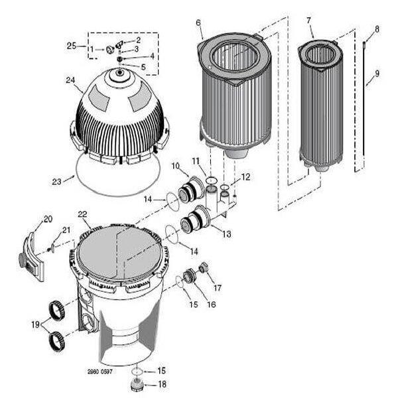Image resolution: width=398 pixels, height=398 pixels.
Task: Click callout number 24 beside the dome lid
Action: point(70,80)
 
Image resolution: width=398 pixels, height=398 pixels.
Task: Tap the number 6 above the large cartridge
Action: point(198,23)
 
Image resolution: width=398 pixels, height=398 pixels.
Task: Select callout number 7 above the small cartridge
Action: point(308,21)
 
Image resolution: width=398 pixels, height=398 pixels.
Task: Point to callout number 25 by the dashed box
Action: point(72,46)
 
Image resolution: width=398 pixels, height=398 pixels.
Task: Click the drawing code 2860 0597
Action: point(99,372)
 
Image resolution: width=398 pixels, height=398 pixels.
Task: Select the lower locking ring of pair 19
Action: point(56,341)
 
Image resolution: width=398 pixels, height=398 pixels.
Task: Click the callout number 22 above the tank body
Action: point(82,214)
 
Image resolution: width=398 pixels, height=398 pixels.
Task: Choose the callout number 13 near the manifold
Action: point(227,233)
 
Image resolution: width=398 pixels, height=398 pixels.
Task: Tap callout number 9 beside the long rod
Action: point(377,74)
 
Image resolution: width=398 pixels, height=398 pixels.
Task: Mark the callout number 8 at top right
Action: point(377,29)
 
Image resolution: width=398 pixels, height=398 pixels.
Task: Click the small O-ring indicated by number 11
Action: point(211,180)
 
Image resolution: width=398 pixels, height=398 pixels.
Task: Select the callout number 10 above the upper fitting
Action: point(176,166)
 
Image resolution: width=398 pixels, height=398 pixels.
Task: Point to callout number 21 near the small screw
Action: point(66,230)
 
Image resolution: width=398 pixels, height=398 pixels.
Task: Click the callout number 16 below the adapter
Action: point(211,304)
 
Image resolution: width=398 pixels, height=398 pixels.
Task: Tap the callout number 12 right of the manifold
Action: point(245,177)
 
